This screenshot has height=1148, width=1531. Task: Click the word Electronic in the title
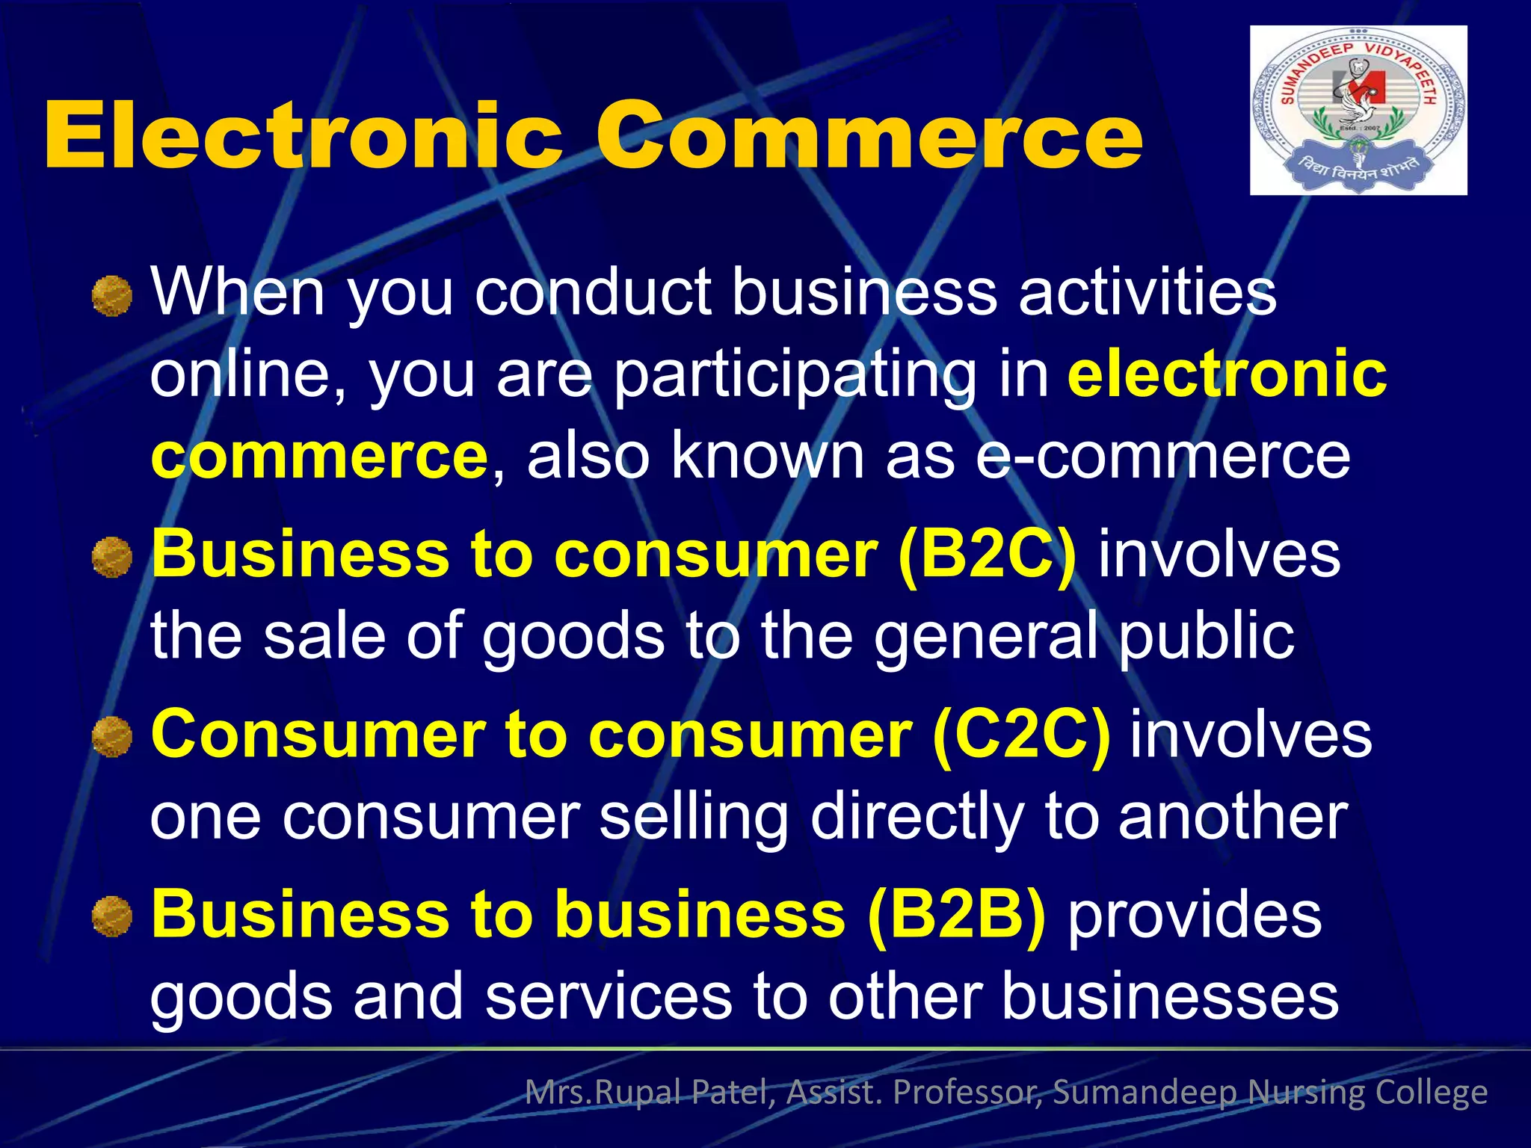point(303,136)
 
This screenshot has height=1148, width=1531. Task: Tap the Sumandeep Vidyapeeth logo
point(1358,111)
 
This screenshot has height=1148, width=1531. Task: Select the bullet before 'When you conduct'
point(112,296)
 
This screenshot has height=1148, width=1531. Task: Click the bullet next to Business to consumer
point(112,558)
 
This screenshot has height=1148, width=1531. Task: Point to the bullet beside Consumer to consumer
point(112,738)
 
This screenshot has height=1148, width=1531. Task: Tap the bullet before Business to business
point(112,917)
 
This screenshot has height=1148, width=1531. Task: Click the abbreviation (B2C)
point(987,555)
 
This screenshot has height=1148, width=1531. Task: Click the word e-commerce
point(1162,456)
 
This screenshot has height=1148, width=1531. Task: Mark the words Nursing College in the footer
point(1367,1093)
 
